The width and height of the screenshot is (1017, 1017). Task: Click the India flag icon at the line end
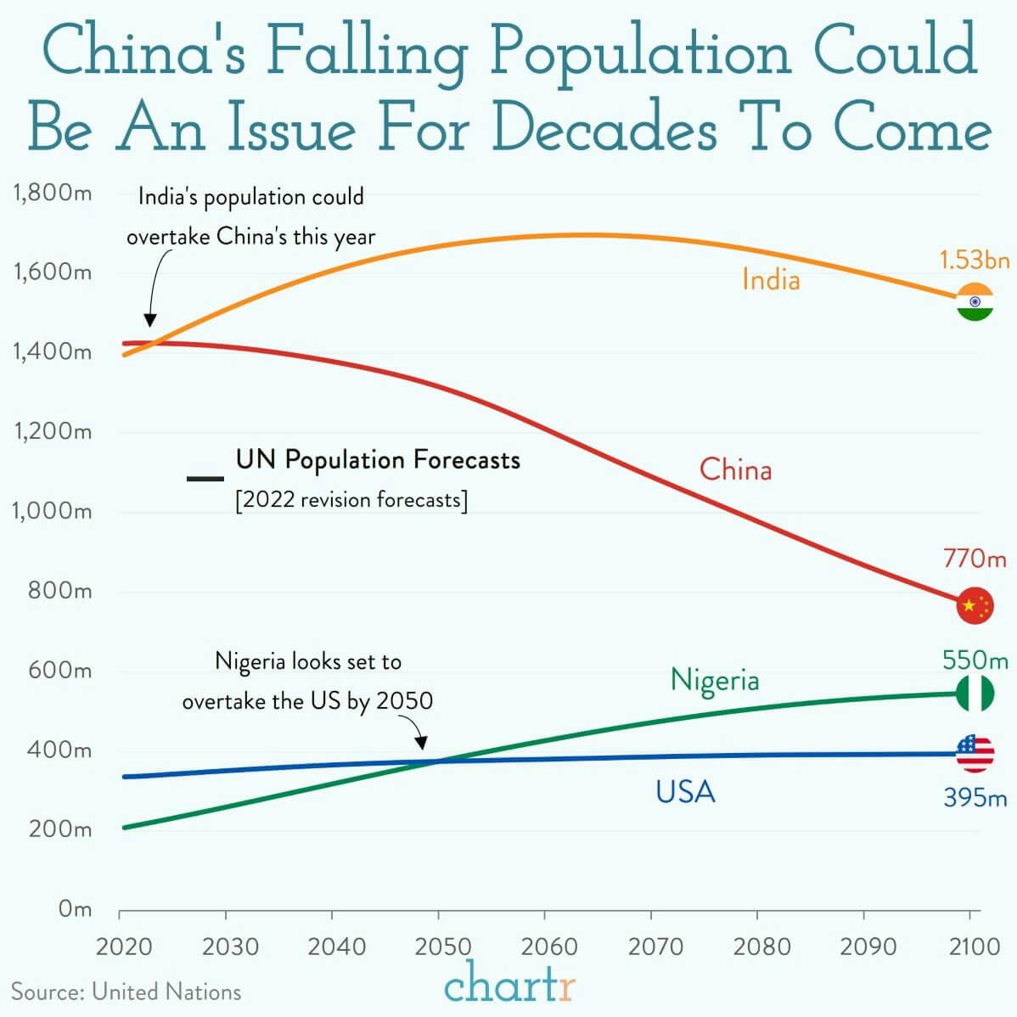coord(975,301)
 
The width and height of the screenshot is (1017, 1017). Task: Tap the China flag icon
coord(975,605)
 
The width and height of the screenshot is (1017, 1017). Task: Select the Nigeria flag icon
coord(975,694)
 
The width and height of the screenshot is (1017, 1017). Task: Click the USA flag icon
coord(975,753)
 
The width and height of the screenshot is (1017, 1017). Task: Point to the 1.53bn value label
coord(975,260)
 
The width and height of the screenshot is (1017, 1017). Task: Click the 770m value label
coord(975,559)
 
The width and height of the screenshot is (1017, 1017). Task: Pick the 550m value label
coord(975,660)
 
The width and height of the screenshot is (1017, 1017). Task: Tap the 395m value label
coord(975,798)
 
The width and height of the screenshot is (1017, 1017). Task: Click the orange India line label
coord(771,279)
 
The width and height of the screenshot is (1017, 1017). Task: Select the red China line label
coord(735,469)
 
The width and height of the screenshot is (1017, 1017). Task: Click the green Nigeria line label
coord(715,680)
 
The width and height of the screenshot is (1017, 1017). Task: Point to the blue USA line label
coord(685,792)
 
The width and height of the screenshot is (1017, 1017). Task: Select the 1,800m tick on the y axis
coord(53,193)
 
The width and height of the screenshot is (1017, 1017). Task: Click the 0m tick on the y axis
coord(75,909)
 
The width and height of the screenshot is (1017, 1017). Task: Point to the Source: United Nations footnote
coord(126,992)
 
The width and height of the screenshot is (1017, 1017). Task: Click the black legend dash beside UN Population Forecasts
coord(205,480)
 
